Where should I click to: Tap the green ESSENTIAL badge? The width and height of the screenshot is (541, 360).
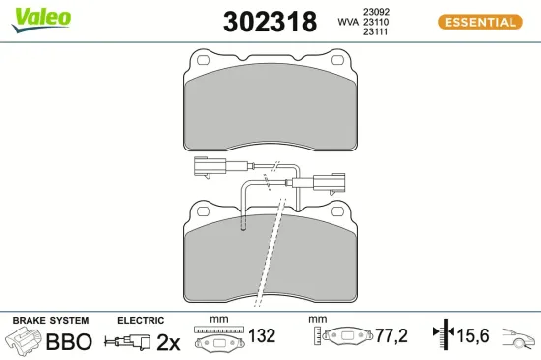(479, 22)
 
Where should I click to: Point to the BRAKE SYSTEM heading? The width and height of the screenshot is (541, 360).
(50, 321)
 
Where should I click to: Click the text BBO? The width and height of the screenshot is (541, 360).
(69, 342)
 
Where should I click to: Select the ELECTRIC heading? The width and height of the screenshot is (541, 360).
(140, 321)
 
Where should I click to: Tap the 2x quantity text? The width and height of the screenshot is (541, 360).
(169, 342)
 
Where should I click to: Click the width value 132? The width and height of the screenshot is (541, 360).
(261, 336)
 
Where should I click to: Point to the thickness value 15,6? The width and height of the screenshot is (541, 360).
(475, 336)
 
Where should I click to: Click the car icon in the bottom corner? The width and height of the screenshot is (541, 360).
(518, 337)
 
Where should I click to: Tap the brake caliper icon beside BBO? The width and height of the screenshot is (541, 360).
(25, 342)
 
